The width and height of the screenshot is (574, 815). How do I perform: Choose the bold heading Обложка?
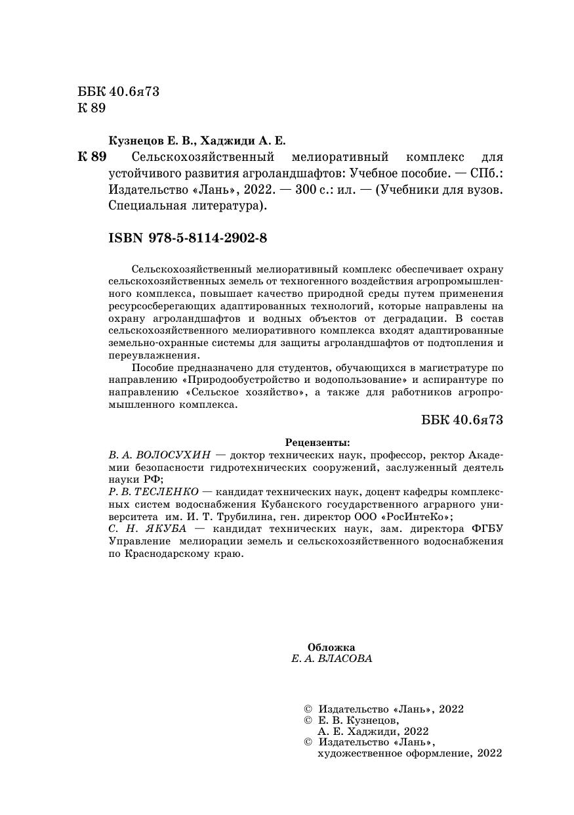tap(331, 646)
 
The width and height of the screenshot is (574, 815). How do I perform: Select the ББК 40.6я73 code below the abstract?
tap(462, 420)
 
